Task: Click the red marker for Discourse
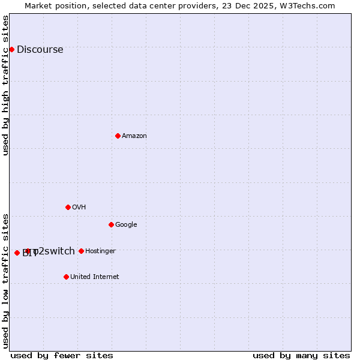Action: tap(11, 49)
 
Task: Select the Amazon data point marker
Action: tap(118, 136)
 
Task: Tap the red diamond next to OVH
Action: tap(68, 207)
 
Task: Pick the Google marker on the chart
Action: tap(111, 224)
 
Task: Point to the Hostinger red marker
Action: tap(81, 251)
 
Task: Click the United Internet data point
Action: tap(66, 277)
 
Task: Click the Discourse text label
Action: tap(40, 50)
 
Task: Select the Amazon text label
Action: tap(134, 136)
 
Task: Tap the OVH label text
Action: tap(79, 208)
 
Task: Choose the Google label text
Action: tap(126, 225)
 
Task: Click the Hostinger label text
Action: tap(100, 251)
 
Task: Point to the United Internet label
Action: tap(94, 277)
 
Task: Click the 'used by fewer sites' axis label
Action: tap(62, 355)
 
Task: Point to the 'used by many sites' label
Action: tap(301, 355)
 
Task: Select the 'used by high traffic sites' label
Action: tap(6, 85)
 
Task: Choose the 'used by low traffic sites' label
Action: tap(6, 280)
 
